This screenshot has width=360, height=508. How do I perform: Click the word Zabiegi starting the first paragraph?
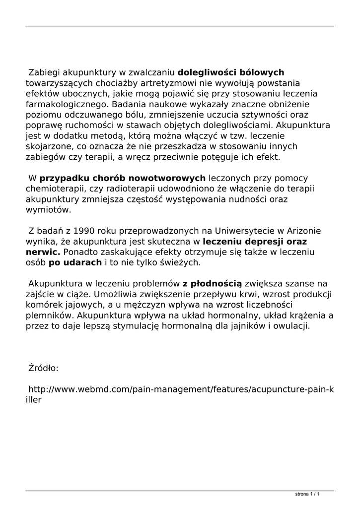[43, 72]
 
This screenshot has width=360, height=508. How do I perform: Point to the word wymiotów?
[48, 209]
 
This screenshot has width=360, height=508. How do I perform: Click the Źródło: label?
[44, 368]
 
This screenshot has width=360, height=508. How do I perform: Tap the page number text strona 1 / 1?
[306, 494]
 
